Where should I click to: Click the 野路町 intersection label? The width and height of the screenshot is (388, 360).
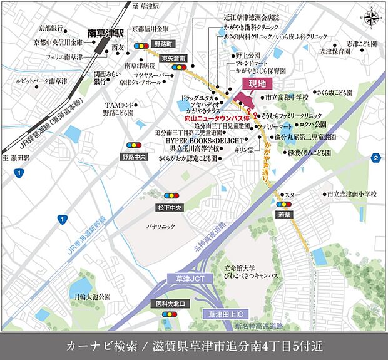tap(165, 44)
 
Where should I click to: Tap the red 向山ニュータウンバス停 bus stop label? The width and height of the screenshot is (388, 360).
tap(198, 117)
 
